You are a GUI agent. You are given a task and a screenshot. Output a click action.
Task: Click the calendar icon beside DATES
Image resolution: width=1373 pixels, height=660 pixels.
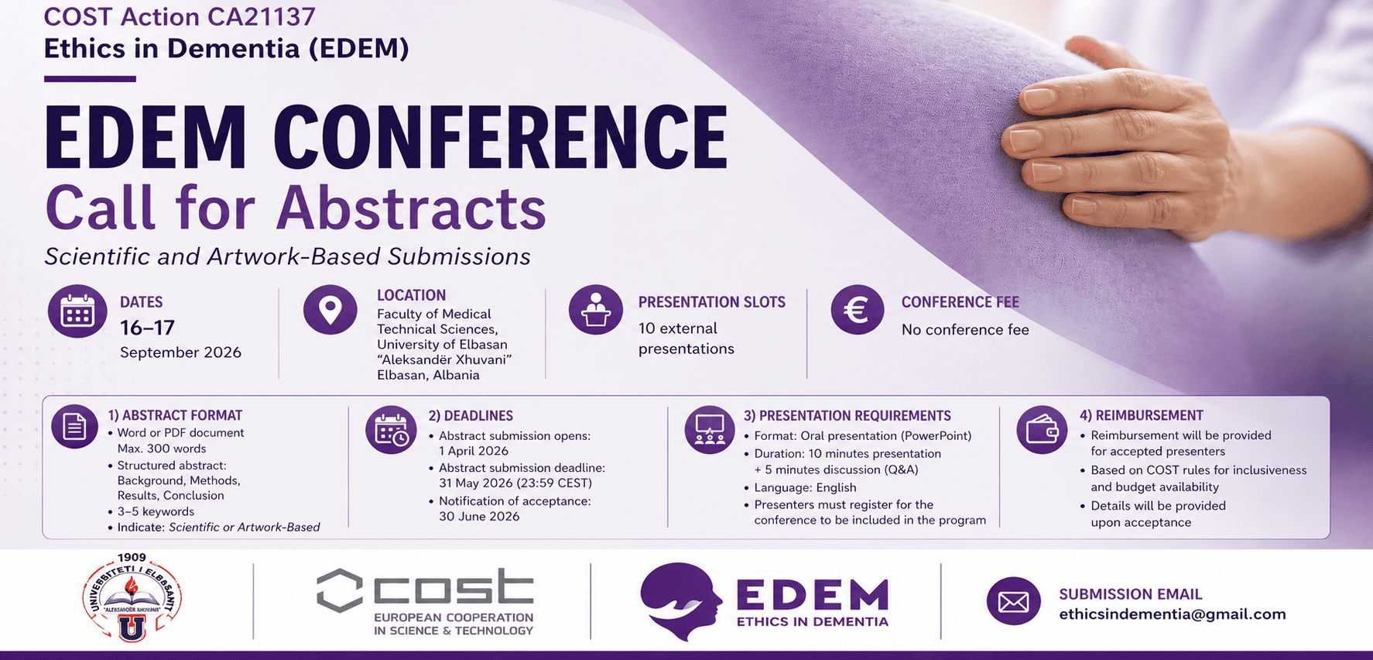click(77, 311)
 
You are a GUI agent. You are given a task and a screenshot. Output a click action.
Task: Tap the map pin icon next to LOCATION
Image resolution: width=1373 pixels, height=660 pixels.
click(330, 310)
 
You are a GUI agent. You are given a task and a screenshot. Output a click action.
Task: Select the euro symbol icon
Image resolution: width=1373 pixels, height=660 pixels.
click(858, 310)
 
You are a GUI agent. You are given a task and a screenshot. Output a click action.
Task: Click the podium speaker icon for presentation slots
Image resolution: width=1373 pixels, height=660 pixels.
click(596, 310)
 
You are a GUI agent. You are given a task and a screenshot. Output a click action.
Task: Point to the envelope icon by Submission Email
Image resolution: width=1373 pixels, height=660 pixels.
click(1014, 601)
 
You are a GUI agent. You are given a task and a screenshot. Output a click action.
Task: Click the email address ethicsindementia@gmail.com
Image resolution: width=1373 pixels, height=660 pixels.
click(1173, 614)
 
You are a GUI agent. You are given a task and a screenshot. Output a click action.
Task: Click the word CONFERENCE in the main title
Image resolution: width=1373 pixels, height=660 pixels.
click(501, 137)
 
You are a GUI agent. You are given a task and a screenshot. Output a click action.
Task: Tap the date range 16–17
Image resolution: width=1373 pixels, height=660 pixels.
click(147, 328)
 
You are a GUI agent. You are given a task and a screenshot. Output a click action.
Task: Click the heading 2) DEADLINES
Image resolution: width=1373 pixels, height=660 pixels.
click(471, 416)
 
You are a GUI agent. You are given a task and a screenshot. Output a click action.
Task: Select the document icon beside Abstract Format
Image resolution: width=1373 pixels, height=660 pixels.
click(74, 426)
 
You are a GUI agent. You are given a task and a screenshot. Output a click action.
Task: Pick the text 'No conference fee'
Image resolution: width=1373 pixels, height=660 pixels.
click(965, 330)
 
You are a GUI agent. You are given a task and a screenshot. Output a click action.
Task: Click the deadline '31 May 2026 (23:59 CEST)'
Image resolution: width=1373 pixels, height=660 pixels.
click(515, 483)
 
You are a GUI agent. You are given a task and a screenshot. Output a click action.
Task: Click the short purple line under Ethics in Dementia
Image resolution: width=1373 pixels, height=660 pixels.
click(90, 78)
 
